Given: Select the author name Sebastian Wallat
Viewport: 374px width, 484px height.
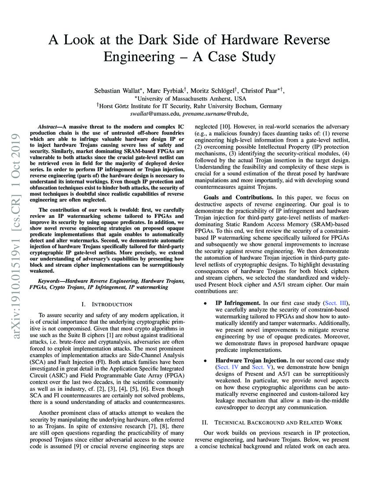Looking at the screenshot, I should (116, 90).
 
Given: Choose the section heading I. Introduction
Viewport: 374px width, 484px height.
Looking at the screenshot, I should (107, 304).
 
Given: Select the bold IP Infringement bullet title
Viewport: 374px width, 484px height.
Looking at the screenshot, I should (238, 303).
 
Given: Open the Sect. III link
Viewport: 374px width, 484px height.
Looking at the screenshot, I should (336, 303).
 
